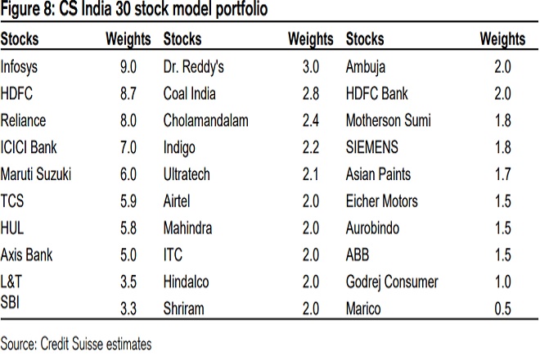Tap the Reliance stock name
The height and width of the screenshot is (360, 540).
[23, 121]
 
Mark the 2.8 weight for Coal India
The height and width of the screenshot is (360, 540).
[313, 94]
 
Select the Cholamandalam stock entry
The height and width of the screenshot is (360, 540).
[206, 121]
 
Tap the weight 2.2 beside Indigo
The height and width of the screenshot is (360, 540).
[313, 148]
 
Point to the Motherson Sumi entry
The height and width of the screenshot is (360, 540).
[389, 121]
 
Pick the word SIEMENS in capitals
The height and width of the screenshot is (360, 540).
[373, 148]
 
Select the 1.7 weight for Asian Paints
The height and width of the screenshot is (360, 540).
[503, 174]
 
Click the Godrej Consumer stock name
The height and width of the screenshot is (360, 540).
[392, 282]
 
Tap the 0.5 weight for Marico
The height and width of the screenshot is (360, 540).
[503, 309]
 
